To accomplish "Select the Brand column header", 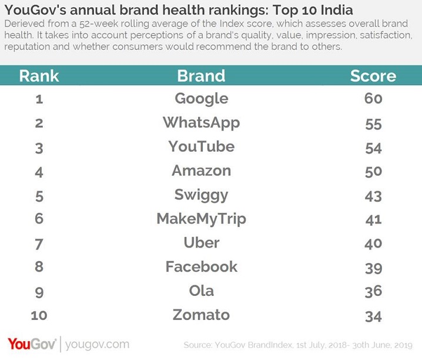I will pos(201,76).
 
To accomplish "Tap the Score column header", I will pos(373,76).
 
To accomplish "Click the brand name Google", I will pos(201,99).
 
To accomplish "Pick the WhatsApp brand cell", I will pos(201,123).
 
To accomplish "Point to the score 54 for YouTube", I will pos(373,148).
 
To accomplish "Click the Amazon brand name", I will pos(201,171).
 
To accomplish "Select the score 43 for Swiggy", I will pos(373,196).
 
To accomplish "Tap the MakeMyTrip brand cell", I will pos(201,219).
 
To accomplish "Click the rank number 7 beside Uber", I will pos(39,244).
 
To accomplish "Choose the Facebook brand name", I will pos(201,266).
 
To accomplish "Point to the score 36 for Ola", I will pos(373,292).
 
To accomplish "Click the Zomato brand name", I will pos(201,315).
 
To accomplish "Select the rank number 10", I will pos(39,316).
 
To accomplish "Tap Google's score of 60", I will pos(373,99).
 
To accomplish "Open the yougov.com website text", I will pos(97,344).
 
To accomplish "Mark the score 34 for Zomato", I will pos(373,316).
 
